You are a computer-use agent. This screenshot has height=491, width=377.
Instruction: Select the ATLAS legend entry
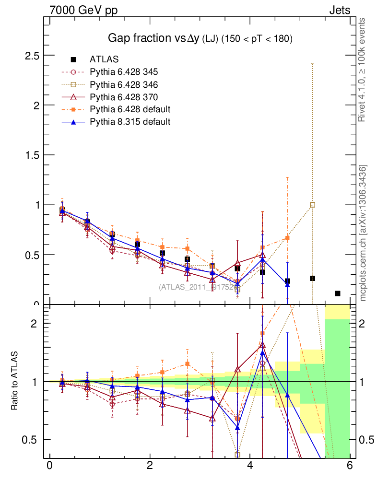[104, 59]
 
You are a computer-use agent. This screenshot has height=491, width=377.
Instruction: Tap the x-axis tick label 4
[250, 466]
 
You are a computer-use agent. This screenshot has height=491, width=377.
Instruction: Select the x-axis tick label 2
[150, 466]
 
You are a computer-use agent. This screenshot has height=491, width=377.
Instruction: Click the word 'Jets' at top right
[339, 10]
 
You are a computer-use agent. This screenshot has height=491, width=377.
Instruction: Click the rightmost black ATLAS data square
[338, 293]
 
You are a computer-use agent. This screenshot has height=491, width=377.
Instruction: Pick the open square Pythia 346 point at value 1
[312, 205]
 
